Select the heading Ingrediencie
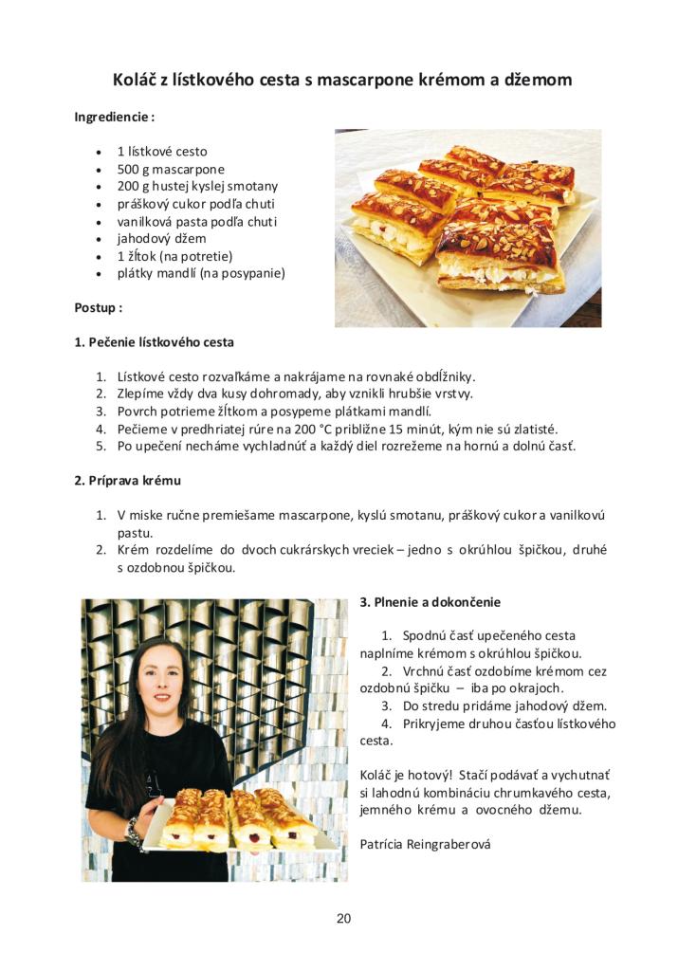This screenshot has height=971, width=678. [114, 117]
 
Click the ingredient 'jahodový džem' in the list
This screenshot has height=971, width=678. [161, 238]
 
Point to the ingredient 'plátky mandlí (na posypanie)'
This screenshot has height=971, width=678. [200, 273]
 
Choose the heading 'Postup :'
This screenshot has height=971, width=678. [98, 307]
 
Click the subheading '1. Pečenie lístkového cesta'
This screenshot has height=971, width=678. [154, 341]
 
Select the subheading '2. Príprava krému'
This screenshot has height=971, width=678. [127, 480]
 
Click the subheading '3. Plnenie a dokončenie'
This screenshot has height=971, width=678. [431, 601]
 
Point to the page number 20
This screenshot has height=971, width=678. [343, 918]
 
